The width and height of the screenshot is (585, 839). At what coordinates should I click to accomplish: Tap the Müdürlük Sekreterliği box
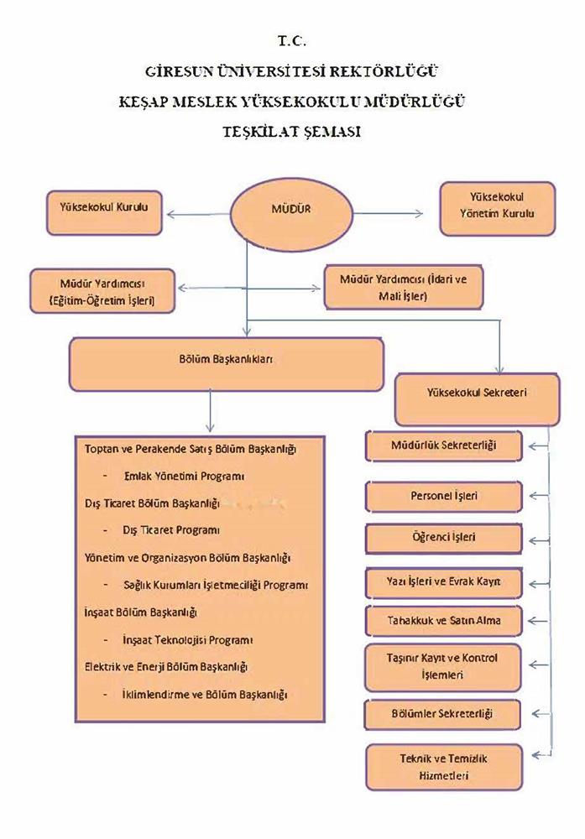(444, 446)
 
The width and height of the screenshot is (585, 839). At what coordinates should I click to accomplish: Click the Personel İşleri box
(444, 496)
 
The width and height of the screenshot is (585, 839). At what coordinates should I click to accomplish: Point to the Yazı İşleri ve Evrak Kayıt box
(444, 581)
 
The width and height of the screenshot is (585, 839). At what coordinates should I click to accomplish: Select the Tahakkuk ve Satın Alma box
(444, 621)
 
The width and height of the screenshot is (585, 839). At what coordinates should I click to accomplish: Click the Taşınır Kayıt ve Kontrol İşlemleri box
(444, 665)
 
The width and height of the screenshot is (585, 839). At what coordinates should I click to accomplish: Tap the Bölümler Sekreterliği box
(444, 714)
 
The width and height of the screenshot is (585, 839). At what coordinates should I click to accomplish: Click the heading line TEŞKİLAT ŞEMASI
(292, 132)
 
